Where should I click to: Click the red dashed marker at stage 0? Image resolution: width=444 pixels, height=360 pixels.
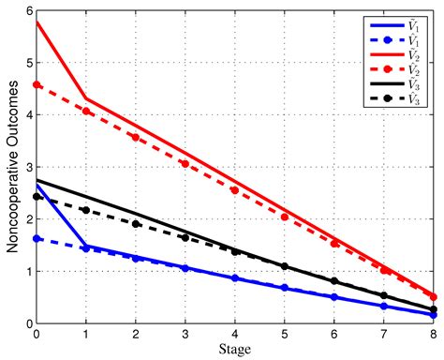click(37, 84)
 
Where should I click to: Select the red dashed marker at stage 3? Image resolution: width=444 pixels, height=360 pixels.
click(185, 164)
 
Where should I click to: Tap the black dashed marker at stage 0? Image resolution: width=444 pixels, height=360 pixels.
click(37, 197)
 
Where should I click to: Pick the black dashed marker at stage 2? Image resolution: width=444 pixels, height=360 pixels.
click(136, 224)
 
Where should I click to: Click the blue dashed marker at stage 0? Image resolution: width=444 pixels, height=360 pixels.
click(37, 238)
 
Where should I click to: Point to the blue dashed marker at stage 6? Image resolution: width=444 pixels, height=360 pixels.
click(334, 297)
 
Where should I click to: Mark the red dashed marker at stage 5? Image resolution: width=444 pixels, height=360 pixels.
click(285, 217)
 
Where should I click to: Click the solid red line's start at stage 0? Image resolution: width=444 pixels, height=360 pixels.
click(37, 21)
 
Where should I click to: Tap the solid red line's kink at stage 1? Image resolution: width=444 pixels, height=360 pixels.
click(86, 98)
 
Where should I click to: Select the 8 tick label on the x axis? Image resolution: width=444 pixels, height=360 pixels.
click(434, 334)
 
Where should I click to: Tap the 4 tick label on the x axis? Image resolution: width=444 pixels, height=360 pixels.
click(235, 334)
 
